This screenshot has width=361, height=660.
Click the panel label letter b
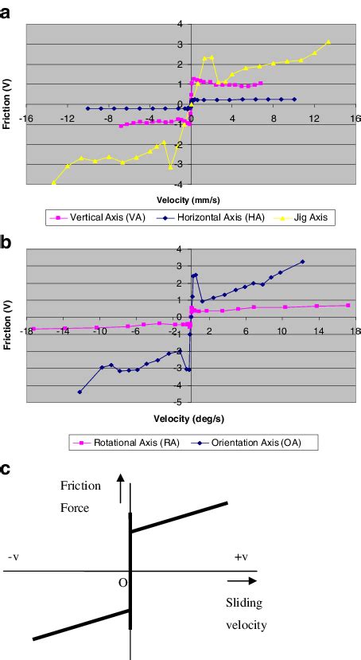(x=6, y=240)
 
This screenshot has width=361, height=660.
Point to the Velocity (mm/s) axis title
(x=190, y=200)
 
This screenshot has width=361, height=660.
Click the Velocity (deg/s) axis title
(x=190, y=417)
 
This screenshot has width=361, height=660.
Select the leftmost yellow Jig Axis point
(x=54, y=182)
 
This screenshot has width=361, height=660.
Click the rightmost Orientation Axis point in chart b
(x=302, y=262)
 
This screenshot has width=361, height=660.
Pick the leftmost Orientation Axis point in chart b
(x=80, y=392)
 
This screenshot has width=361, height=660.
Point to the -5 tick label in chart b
(x=180, y=402)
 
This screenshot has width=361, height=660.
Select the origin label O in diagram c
(x=122, y=582)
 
